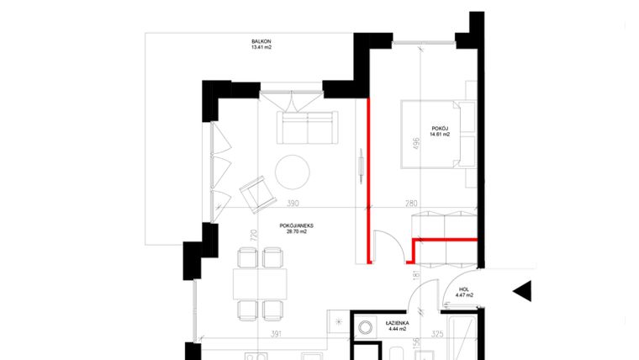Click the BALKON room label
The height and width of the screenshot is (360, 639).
click(261, 40)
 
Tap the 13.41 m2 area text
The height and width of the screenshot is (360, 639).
click(261, 48)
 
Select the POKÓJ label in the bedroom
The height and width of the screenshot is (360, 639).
click(440, 126)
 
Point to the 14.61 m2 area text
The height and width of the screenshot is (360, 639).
click(440, 134)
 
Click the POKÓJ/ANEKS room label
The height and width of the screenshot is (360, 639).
click(297, 225)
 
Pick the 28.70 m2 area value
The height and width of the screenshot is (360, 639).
click(297, 233)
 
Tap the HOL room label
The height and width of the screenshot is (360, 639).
click(463, 288)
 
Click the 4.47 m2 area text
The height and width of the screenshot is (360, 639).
click(463, 295)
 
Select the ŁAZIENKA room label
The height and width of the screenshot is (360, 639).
click(398, 323)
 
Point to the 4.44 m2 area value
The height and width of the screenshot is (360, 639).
click(398, 331)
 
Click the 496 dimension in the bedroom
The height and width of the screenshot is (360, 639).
click(415, 144)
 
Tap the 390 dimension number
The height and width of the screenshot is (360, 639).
click(292, 204)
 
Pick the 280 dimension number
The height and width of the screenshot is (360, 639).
click(411, 204)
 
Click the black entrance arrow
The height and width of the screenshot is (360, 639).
click(522, 291)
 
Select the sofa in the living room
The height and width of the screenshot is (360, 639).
click(307, 129)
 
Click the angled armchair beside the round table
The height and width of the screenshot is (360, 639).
click(256, 194)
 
